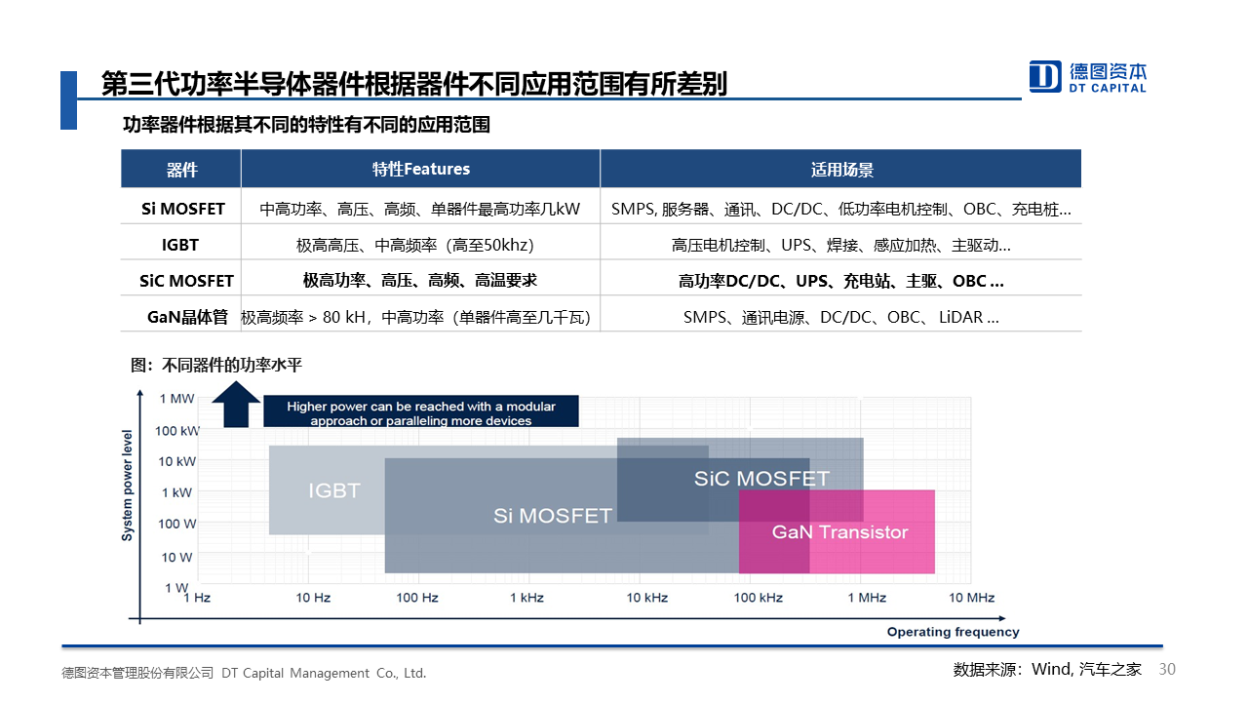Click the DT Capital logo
[1087, 77]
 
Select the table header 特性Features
[421, 169]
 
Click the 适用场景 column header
[841, 170]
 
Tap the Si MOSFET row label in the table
[182, 209]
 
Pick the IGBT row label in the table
[180, 245]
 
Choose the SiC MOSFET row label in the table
[186, 281]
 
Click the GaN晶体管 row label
[188, 317]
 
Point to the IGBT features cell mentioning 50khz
[415, 245]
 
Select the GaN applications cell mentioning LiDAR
[841, 317]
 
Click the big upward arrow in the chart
[236, 405]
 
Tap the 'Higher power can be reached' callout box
[420, 411]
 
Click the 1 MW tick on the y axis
[176, 399]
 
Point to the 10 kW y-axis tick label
[177, 462]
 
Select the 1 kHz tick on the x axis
[526, 598]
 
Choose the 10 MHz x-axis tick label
[972, 598]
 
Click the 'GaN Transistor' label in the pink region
[839, 532]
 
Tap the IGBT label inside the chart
[334, 490]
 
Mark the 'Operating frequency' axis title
[953, 632]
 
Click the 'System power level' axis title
[128, 486]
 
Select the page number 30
[1167, 669]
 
